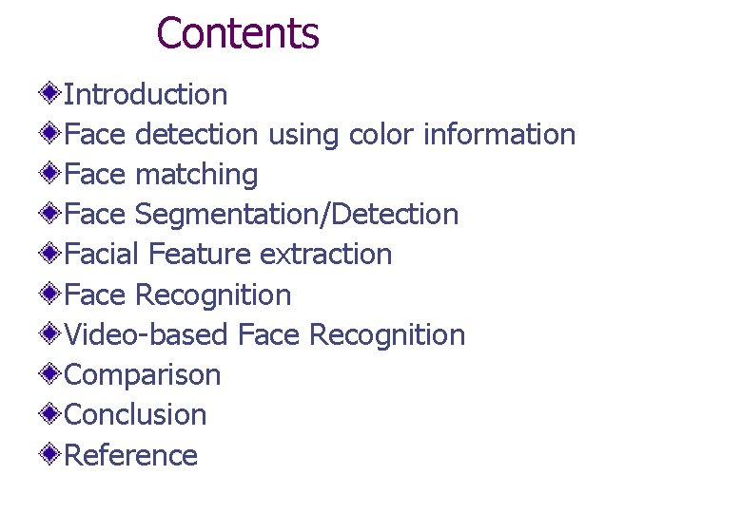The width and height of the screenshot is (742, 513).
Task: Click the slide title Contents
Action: click(237, 33)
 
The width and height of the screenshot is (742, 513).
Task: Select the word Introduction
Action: click(146, 95)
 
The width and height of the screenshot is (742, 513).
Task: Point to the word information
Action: click(499, 135)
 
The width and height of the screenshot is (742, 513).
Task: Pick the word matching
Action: click(197, 176)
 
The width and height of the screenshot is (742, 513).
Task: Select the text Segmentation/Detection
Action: click(297, 216)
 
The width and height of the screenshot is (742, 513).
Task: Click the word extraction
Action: click(325, 255)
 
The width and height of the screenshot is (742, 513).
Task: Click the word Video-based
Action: click(146, 335)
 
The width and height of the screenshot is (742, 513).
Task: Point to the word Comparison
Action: click(143, 375)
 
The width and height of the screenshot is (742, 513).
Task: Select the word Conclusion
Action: click(135, 415)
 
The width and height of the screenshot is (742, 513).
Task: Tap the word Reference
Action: click(130, 456)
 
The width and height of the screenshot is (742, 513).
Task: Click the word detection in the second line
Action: click(196, 135)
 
